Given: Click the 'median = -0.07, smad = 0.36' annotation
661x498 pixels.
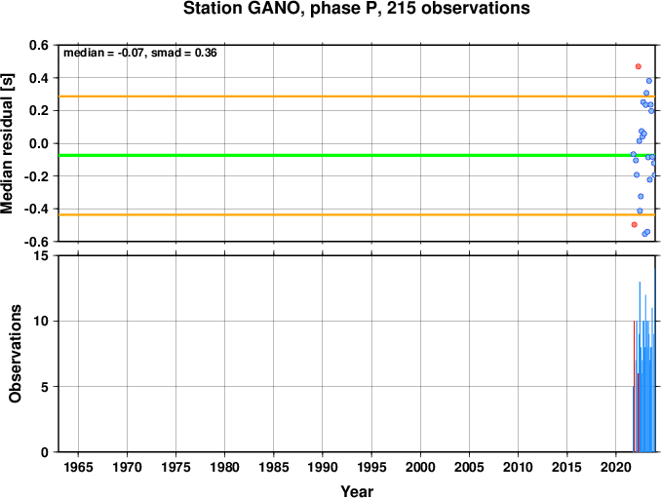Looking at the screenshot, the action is (x=140, y=53).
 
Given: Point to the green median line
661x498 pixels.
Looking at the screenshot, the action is (x=357, y=156).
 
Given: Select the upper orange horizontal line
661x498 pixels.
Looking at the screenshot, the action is (x=357, y=96).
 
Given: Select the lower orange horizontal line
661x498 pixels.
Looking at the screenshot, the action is (x=357, y=214).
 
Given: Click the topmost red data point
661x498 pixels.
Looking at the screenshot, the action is (x=639, y=66).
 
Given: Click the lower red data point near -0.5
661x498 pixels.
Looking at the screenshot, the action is (x=635, y=224).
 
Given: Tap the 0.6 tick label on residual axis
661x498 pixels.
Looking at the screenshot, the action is (x=39, y=45).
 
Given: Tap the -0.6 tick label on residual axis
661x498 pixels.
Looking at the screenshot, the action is (x=36, y=242).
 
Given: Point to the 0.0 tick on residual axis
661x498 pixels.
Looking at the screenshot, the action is (x=39, y=143).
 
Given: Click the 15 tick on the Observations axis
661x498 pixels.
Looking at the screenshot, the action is (x=42, y=255).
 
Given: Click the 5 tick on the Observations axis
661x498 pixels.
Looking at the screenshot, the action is (x=45, y=387).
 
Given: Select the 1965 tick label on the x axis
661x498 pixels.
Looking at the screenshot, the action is (x=78, y=467).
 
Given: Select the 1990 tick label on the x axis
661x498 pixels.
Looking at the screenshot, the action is (x=323, y=467).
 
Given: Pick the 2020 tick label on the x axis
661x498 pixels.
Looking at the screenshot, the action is (x=616, y=467).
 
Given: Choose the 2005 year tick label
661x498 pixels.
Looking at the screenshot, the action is (x=469, y=467).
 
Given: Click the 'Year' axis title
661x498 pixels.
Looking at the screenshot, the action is (x=357, y=491).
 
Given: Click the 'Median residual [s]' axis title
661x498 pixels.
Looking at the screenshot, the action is (x=8, y=143).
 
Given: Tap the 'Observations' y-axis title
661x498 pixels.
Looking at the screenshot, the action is (x=16, y=354).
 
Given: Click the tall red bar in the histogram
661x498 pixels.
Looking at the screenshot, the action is (x=634, y=386).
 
